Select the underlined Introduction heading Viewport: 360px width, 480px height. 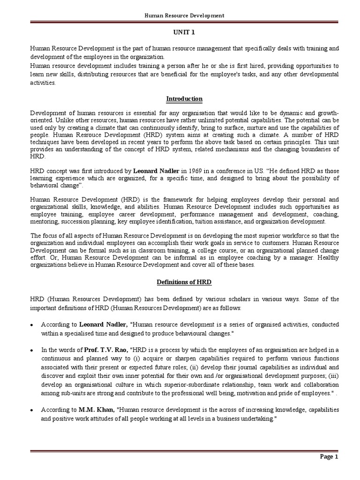point(184,99)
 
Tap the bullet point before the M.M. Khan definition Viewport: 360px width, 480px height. point(32,410)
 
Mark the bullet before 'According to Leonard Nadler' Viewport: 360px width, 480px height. point(32,324)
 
